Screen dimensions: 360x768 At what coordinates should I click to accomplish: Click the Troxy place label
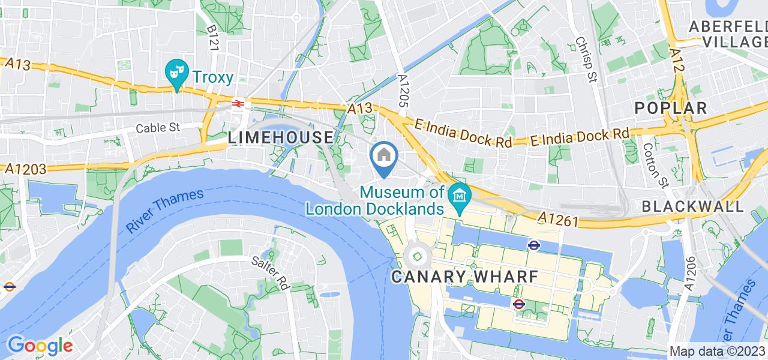coord(212,76)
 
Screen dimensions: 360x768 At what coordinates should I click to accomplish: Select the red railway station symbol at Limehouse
coord(238,104)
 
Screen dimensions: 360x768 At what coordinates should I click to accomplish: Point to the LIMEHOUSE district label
coord(280,137)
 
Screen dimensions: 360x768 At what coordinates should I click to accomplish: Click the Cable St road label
coord(158,128)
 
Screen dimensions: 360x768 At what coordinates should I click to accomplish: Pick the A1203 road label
coord(23,169)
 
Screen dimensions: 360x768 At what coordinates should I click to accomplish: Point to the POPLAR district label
coord(671,108)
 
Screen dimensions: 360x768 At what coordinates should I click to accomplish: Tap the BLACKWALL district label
coord(692,206)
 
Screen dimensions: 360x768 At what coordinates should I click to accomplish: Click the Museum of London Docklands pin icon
coord(460,197)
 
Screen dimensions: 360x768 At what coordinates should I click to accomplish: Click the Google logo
coord(40,346)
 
